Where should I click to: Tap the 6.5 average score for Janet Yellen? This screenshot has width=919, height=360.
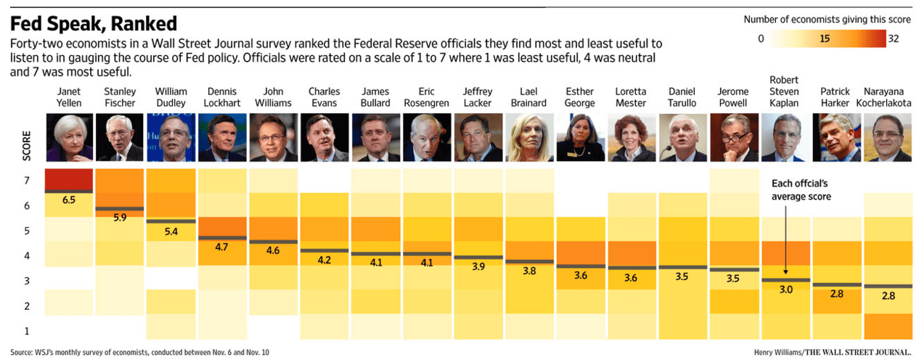point(69,200)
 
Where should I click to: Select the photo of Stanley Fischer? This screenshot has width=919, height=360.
point(120,138)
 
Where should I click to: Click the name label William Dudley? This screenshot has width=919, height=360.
point(171,97)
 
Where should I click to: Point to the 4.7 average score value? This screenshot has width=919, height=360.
point(221,247)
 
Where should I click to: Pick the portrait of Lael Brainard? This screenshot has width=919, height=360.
point(529,138)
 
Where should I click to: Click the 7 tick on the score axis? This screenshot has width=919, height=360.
point(27,180)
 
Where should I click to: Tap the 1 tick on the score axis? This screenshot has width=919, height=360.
point(27,331)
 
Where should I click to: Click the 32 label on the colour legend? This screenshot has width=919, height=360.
point(893,39)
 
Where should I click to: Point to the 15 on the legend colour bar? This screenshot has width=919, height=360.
point(825,39)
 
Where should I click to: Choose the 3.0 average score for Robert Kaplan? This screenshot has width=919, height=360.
point(785,289)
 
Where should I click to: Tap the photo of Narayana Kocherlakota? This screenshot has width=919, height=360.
point(887,138)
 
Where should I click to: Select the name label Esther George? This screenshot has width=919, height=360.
point(580,97)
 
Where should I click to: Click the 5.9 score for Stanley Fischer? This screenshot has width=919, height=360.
point(120,217)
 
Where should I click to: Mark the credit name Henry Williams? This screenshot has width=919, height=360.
point(778,353)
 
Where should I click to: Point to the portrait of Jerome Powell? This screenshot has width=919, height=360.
point(733,138)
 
